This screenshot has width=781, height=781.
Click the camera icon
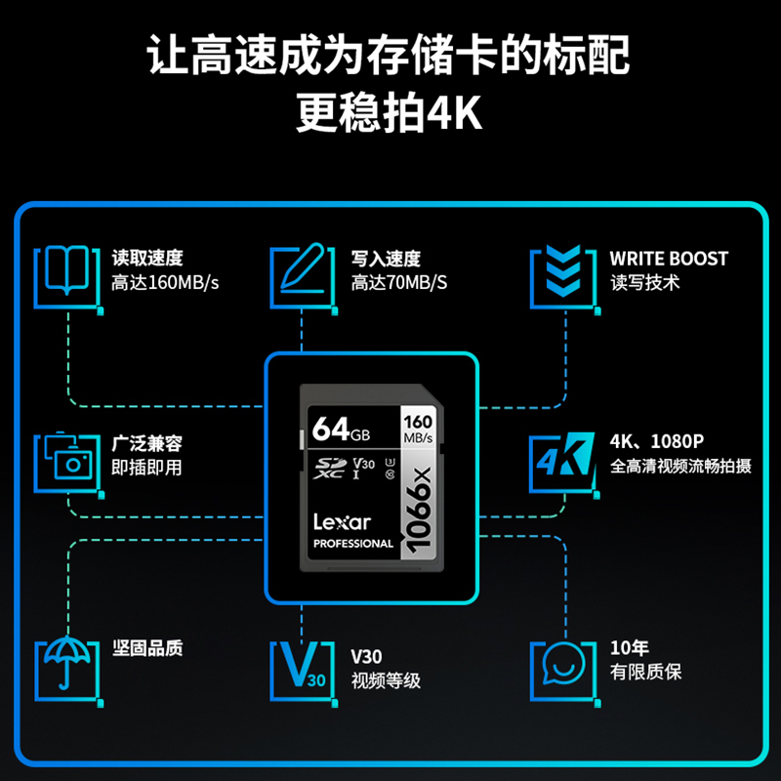tap(68, 462)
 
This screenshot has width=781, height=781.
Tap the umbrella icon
tap(67, 667)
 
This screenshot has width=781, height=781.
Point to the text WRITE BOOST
tap(669, 259)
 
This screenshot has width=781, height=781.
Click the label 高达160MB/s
tap(165, 283)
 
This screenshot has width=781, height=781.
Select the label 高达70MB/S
tap(399, 283)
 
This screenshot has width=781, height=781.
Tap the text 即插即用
tap(146, 468)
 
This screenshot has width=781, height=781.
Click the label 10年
tap(629, 648)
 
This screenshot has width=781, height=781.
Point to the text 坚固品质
tap(146, 648)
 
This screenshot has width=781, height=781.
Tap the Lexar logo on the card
tap(342, 522)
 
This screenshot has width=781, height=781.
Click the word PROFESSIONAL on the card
tap(352, 544)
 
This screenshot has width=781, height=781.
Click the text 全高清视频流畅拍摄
tap(680, 467)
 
